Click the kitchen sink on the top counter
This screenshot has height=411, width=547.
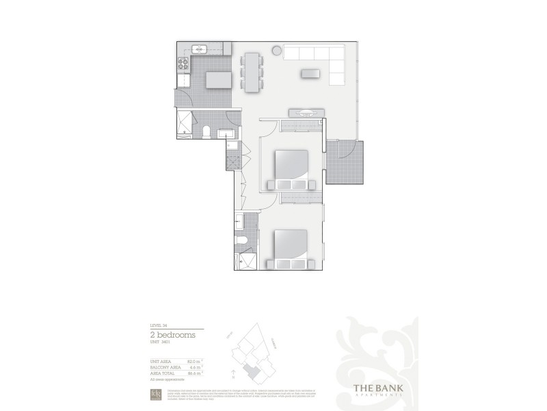(200, 49)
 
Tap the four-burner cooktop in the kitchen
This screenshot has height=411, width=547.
(183, 65)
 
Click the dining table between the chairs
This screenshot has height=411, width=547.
(252, 71)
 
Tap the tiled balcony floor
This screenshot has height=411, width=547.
(344, 162)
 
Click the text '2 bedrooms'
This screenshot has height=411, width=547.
(172, 335)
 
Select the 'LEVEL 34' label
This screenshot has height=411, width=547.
(158, 325)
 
